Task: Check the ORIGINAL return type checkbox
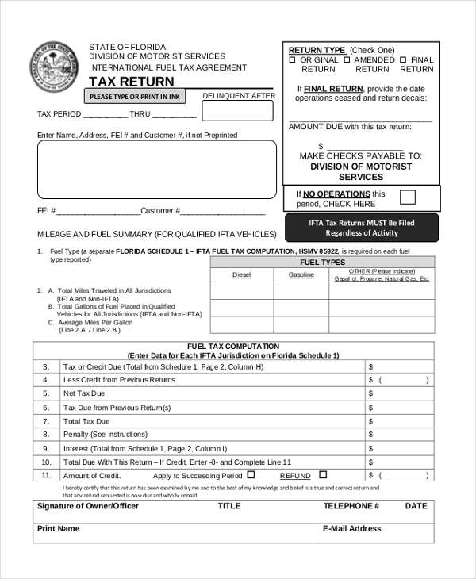click(292, 59)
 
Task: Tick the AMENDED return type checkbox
click(347, 59)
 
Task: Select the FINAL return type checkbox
click(402, 59)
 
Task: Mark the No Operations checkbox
click(407, 197)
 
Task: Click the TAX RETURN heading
click(131, 82)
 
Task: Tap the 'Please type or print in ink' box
click(135, 97)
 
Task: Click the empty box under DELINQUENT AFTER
click(238, 110)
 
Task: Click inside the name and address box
click(157, 169)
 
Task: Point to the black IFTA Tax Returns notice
click(361, 228)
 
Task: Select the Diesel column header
click(241, 274)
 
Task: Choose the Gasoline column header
click(301, 274)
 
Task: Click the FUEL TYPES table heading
click(322, 262)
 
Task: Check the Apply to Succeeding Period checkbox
click(251, 474)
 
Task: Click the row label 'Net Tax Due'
click(84, 393)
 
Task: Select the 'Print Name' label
click(59, 528)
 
